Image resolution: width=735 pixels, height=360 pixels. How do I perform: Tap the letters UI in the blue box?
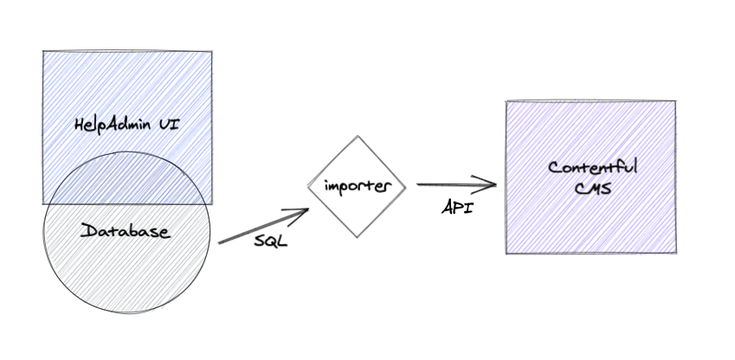pos(170,125)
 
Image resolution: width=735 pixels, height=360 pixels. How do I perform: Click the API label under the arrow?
pos(457,208)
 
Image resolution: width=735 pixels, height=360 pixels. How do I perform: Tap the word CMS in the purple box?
pos(593,186)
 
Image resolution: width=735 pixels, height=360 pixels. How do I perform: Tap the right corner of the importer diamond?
pos(405,185)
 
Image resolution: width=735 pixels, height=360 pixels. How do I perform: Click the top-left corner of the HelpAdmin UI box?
pos(43,51)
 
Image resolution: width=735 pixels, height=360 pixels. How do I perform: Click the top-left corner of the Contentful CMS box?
pos(506,101)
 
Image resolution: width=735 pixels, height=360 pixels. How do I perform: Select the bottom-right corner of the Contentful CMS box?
pos(675,253)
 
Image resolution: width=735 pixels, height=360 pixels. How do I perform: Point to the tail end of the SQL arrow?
pos(220,242)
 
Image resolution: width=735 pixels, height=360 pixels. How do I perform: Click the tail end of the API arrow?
pos(417,183)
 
